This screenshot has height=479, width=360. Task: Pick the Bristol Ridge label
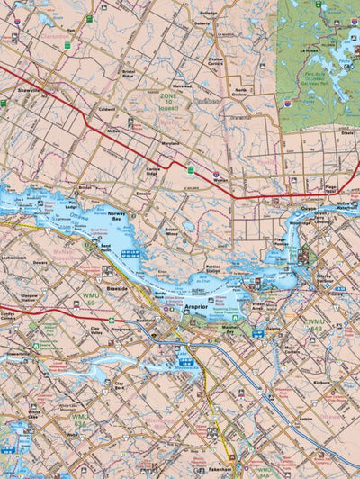[133, 74]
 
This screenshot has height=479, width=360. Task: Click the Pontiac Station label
[212, 268]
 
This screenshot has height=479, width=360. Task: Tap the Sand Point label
[105, 245]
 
